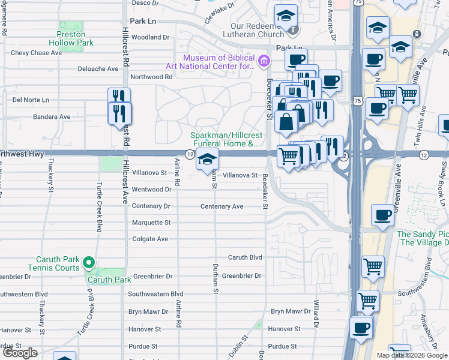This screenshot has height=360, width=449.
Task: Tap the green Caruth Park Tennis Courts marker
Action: (x=88, y=262)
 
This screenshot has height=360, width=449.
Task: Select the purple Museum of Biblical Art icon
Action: (x=262, y=61)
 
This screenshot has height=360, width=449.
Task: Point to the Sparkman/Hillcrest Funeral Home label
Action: (x=225, y=139)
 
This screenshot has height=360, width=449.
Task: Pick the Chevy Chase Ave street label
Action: (x=37, y=53)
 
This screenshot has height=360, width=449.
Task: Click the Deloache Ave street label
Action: (x=98, y=69)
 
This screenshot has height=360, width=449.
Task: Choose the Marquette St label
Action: (x=151, y=223)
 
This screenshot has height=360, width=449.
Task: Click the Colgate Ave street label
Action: (x=150, y=239)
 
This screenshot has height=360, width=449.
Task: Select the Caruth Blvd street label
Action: (x=245, y=257)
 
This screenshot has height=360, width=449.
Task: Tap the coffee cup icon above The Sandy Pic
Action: (x=382, y=215)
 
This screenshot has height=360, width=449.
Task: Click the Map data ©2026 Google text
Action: (x=412, y=355)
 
